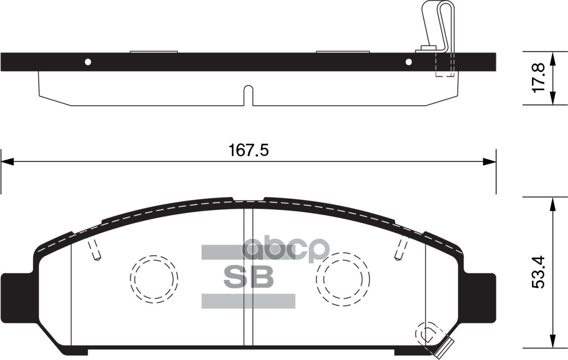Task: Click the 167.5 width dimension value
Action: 249,150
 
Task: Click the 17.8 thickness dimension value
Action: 539,78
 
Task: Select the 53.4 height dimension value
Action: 539,272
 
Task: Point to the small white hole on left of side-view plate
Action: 88,62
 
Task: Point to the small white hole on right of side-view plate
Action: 409,62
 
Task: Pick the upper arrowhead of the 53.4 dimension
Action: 553,203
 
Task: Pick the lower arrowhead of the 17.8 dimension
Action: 553,99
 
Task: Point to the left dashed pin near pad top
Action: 94,250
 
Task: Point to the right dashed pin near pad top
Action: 400,250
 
